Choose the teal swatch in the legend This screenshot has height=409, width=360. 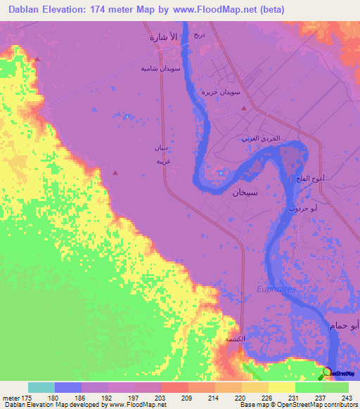pos(41,387)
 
